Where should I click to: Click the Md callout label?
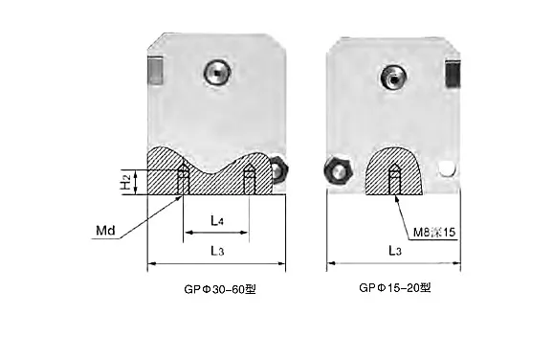[105, 231]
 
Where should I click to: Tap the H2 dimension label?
[125, 182]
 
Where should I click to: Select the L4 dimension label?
[217, 220]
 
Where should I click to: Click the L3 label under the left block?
[217, 251]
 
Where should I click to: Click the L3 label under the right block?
[395, 251]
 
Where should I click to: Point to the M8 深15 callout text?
[434, 233]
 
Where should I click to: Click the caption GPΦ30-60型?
[220, 289]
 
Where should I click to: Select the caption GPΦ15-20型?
[395, 287]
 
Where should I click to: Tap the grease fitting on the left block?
[217, 73]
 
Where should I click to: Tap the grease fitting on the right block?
[393, 77]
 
